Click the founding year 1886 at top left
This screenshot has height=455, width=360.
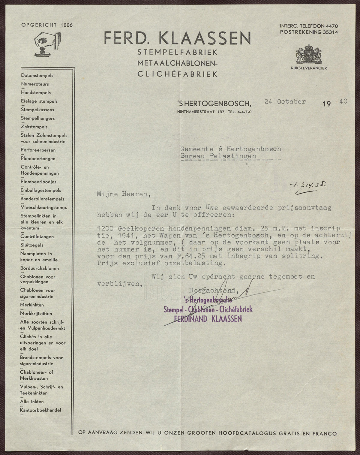pos(66,25)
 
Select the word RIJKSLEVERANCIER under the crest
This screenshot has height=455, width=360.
pos(309,68)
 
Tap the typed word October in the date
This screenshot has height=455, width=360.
pos(291,102)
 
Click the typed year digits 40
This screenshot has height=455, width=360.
pos(343,101)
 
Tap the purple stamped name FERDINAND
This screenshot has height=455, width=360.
pos(189,319)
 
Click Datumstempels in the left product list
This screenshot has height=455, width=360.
pos(37,76)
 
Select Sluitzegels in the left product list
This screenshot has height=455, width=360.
pos(32,245)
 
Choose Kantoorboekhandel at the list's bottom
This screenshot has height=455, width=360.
pos(40,410)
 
